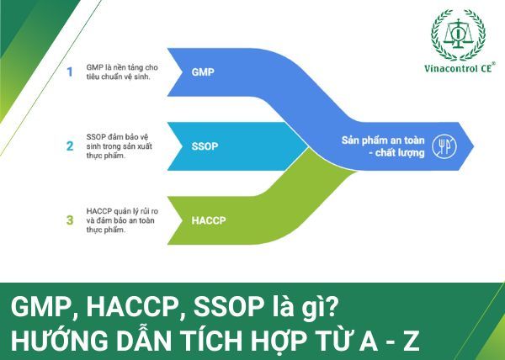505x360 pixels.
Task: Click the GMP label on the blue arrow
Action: coord(203,72)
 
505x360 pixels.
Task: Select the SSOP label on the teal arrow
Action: coord(205,146)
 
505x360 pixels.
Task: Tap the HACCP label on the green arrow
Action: coord(208,220)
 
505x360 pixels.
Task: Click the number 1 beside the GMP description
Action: coord(70,71)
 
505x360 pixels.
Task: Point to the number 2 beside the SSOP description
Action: coord(70,146)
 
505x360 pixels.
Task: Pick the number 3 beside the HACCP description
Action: coord(70,220)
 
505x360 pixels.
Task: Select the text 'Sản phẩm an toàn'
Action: coord(381,140)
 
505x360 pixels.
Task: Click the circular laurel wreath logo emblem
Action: coord(458,34)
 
